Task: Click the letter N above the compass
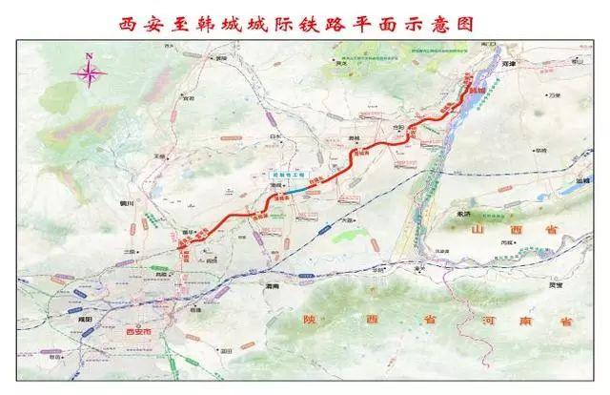tap(89, 56)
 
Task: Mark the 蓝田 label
tap(225, 351)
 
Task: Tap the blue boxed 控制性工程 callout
tap(283, 177)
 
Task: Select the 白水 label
tap(277, 136)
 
